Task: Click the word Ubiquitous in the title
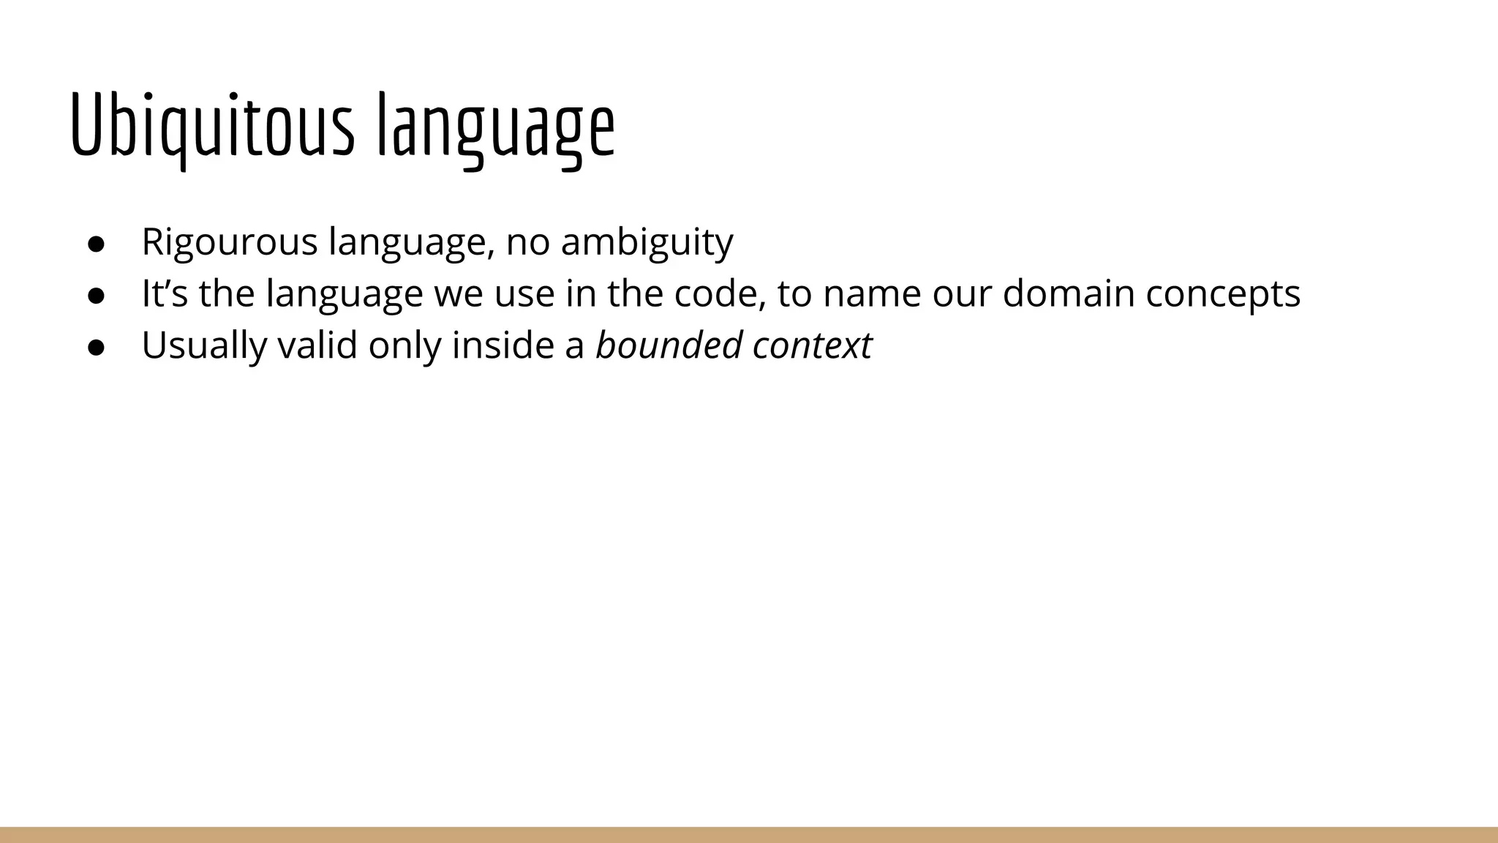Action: click(x=212, y=126)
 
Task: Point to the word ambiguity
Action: click(x=647, y=242)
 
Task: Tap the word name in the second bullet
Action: click(x=871, y=293)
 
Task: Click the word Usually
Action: click(x=204, y=345)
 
